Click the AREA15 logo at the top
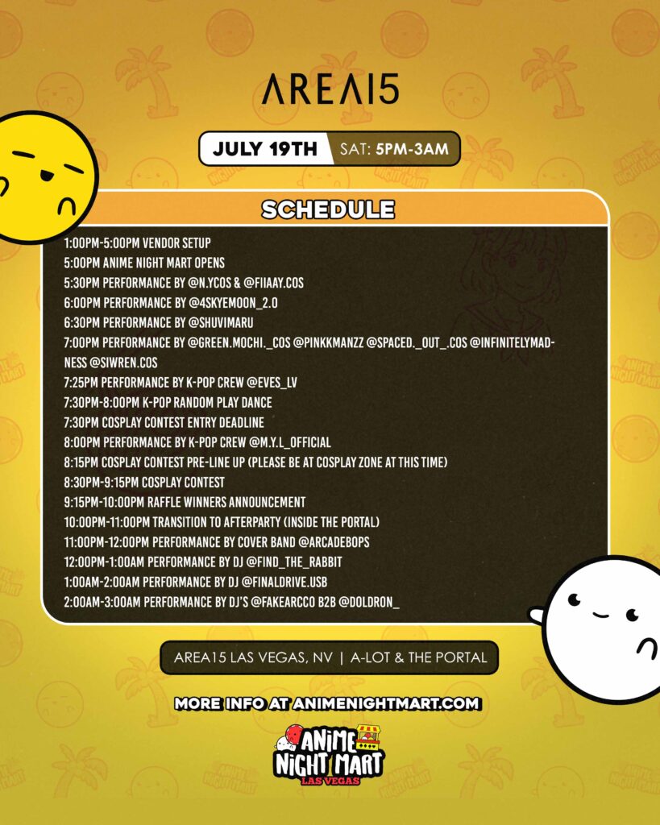(x=330, y=89)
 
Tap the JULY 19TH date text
(x=265, y=149)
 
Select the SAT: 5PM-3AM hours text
(x=394, y=149)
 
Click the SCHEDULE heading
(x=328, y=209)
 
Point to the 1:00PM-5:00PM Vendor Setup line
(x=137, y=243)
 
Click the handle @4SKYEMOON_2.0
(x=233, y=303)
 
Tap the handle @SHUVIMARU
(x=221, y=322)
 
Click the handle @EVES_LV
(x=272, y=383)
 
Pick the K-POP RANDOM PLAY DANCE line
(x=168, y=403)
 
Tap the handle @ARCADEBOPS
(x=334, y=542)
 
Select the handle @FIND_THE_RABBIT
(x=294, y=562)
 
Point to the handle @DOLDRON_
(x=368, y=603)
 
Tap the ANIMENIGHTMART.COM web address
(x=386, y=703)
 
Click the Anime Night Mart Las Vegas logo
(x=329, y=755)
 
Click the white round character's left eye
(x=574, y=599)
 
